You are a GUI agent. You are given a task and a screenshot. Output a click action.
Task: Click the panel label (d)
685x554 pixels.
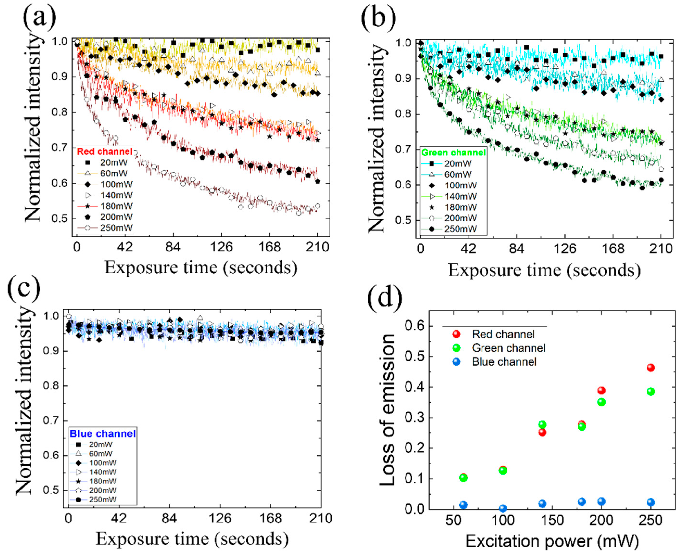pyautogui.click(x=384, y=297)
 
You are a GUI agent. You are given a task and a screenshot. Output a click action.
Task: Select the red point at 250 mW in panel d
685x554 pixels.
pyautogui.click(x=651, y=368)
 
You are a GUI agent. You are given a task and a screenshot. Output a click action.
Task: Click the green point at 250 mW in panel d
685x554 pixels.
pyautogui.click(x=651, y=392)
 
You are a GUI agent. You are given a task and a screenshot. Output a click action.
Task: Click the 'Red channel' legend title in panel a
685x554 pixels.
pyautogui.click(x=105, y=152)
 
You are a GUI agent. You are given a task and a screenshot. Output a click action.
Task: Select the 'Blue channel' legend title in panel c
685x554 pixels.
pyautogui.click(x=103, y=434)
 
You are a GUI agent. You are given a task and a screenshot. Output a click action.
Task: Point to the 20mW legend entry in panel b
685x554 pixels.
pyautogui.click(x=458, y=164)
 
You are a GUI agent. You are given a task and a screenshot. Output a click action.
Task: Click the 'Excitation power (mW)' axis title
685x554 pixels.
pyautogui.click(x=552, y=541)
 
